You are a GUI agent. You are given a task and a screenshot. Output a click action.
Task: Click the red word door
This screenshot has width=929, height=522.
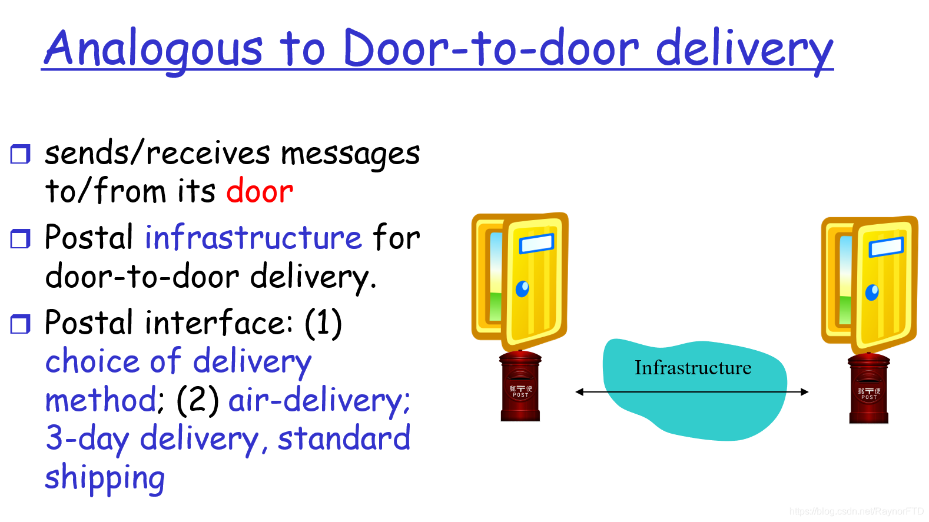pyautogui.click(x=260, y=192)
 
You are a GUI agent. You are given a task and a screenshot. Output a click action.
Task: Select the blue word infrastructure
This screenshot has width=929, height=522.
pyautogui.click(x=253, y=238)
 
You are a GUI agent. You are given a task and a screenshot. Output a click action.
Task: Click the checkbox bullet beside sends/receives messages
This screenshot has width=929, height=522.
pyautogui.click(x=21, y=154)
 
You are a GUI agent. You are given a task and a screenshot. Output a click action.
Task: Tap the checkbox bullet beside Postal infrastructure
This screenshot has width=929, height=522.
pyautogui.click(x=21, y=239)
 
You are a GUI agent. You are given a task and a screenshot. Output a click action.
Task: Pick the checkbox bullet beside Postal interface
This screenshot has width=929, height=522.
pyautogui.click(x=21, y=324)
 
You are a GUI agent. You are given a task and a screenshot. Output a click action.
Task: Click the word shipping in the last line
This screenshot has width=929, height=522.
pyautogui.click(x=105, y=478)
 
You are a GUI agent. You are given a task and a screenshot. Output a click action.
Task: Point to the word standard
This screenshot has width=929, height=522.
pyautogui.click(x=344, y=439)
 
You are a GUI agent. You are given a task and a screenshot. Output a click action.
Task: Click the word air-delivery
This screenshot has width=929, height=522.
pyautogui.click(x=318, y=401)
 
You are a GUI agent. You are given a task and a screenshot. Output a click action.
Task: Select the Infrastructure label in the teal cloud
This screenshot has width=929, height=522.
pyautogui.click(x=693, y=368)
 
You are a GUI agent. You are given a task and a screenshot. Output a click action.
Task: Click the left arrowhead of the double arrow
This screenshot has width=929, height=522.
pyautogui.click(x=580, y=392)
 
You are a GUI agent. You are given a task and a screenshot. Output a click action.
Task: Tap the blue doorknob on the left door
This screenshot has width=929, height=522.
pyautogui.click(x=522, y=289)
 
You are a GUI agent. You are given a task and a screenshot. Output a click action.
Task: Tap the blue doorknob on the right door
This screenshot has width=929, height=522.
pyautogui.click(x=872, y=292)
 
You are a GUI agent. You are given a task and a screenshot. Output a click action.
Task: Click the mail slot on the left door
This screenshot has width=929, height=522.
pyautogui.click(x=536, y=243)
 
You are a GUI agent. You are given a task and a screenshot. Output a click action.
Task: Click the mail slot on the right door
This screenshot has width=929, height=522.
pyautogui.click(x=886, y=247)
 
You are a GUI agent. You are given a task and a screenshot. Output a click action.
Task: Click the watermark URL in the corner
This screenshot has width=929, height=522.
pyautogui.click(x=857, y=511)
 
